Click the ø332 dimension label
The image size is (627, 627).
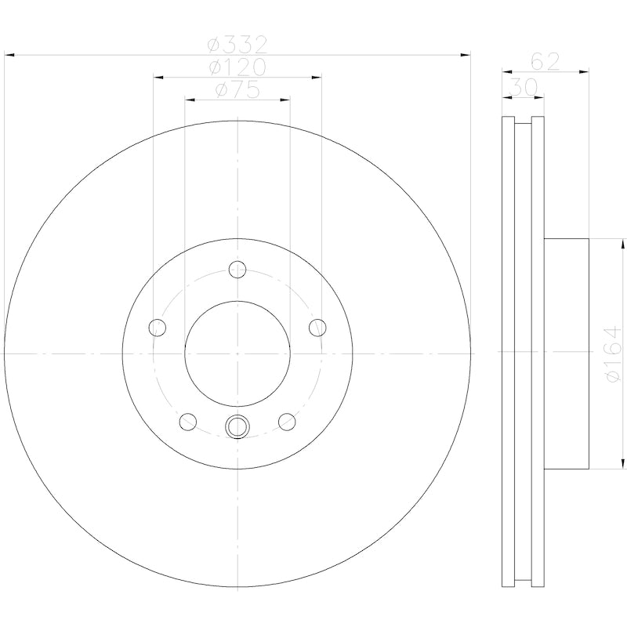238,44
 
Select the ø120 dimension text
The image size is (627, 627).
238,67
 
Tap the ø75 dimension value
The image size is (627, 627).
237,89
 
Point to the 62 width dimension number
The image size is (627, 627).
545,61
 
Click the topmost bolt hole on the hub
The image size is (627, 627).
237,270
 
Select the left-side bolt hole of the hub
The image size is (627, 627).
157,327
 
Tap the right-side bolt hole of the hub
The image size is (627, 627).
317,327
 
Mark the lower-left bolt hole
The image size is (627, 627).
187,422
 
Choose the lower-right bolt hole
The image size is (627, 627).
287,422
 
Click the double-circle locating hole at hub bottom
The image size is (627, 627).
237,426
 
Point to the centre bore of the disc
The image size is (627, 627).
237,353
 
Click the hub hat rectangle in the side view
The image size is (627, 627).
566,353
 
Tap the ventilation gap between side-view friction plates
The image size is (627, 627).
523,353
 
